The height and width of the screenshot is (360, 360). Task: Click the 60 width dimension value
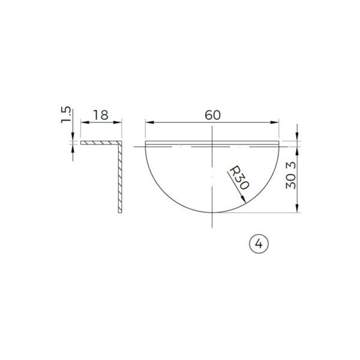pyautogui.click(x=212, y=115)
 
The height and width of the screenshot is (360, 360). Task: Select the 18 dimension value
pyautogui.click(x=101, y=115)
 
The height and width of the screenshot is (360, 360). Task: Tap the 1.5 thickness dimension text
pyautogui.click(x=67, y=114)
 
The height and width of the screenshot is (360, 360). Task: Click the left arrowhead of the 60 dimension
pyautogui.click(x=148, y=122)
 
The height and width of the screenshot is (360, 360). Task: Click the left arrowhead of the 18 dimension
pyautogui.click(x=83, y=122)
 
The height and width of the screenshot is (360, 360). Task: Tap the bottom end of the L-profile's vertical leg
pyautogui.click(x=121, y=212)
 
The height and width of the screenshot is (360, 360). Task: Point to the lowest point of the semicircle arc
pyautogui.click(x=212, y=212)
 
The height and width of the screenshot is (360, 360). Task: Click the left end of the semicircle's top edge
pyautogui.click(x=146, y=142)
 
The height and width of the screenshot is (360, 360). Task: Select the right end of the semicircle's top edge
pyautogui.click(x=280, y=142)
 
